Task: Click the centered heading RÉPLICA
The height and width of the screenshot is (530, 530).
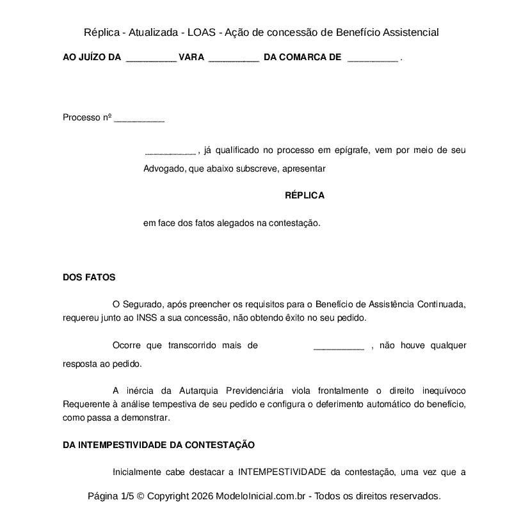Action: coord(304,196)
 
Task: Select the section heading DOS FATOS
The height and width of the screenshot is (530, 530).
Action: coord(89,277)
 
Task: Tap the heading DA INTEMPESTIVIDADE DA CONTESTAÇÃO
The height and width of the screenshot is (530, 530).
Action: coord(159,445)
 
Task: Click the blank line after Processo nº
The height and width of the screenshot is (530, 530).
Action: coord(139,119)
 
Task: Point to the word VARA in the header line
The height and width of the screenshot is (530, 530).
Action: coord(191,58)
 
